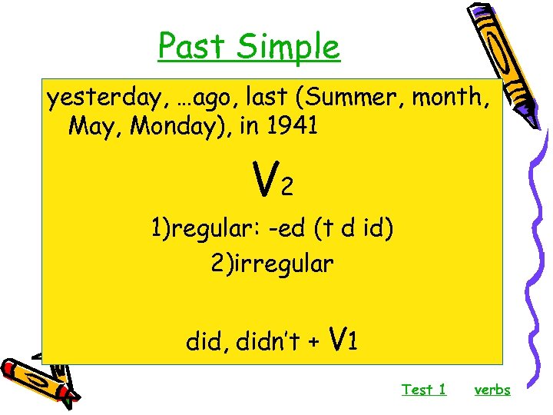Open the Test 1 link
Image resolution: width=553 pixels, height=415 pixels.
(423, 390)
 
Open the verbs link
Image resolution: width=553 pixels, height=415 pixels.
(492, 390)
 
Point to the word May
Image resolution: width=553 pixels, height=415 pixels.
(92, 125)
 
